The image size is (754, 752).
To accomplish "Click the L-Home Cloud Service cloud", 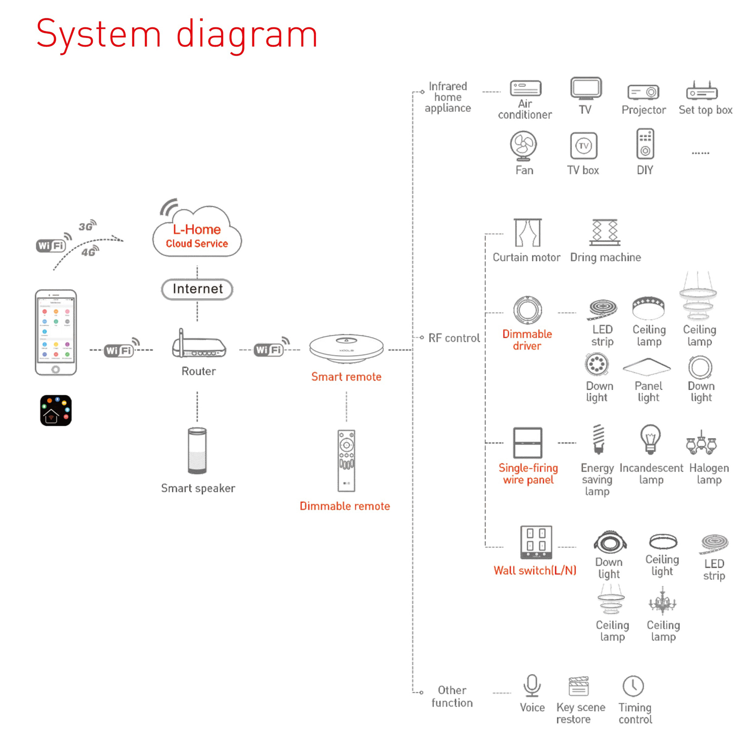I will (x=197, y=234).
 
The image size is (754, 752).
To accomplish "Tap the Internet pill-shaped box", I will (x=197, y=289).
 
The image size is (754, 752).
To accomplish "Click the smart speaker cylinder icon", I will (x=197, y=451).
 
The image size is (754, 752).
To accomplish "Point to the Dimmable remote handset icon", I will (x=346, y=461).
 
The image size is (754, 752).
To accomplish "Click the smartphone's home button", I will (x=55, y=369).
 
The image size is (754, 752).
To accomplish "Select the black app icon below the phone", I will (x=56, y=410).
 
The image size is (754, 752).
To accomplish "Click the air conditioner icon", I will (x=525, y=88).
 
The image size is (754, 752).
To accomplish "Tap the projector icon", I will (x=643, y=92).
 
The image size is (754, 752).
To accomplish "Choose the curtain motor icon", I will (x=527, y=233).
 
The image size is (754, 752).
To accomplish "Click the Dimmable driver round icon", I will (x=527, y=310).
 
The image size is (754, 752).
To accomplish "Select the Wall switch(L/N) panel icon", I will (x=536, y=542).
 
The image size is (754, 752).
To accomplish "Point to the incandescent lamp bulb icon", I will (x=650, y=439).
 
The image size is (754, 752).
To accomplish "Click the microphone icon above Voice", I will (x=532, y=685).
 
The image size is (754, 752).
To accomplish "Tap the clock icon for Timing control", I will (x=633, y=686).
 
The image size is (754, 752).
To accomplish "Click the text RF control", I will (x=454, y=338).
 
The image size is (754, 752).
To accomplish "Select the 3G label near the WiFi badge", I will (x=86, y=226).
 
